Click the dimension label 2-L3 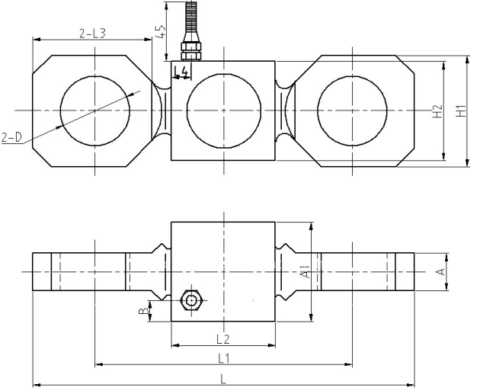pyautogui.click(x=92, y=33)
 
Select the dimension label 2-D pyautogui.click(x=13, y=138)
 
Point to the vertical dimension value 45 pyautogui.click(x=159, y=33)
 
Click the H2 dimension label pyautogui.click(x=437, y=111)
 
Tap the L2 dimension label pyautogui.click(x=222, y=338)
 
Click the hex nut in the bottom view pyautogui.click(x=191, y=301)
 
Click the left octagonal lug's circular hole pyautogui.click(x=94, y=111)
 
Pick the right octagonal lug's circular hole pyautogui.click(x=353, y=111)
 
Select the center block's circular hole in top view pyautogui.click(x=222, y=111)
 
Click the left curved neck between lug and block pyautogui.click(x=162, y=111)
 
